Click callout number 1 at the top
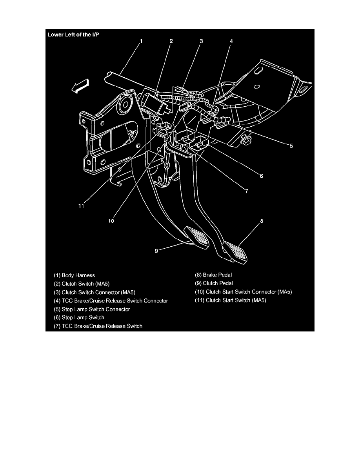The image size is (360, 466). tap(142, 41)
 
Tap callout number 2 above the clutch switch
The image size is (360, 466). tap(171, 41)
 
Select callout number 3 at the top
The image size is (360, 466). tap(201, 41)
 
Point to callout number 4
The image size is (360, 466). tap(231, 41)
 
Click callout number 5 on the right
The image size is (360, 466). tap(291, 146)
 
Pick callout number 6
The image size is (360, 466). tap(262, 176)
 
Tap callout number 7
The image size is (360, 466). tap(247, 191)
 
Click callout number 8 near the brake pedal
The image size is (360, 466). tap(262, 221)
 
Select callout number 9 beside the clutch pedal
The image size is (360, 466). tap(156, 251)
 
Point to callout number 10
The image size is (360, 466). tap(111, 221)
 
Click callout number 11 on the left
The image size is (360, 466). tap(81, 206)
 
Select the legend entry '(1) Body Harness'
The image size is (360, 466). tap(75, 275)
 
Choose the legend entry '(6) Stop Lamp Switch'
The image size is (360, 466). tap(79, 317)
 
